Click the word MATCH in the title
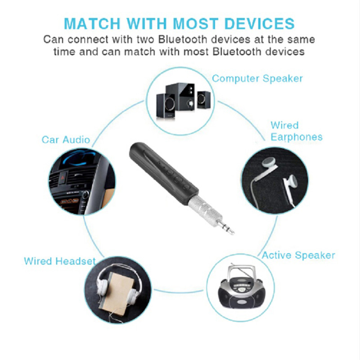tap(92, 24)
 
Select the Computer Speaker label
tap(257, 79)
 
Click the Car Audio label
tap(66, 140)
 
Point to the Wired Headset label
tap(60, 261)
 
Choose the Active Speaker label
tap(299, 255)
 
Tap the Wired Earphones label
tap(296, 131)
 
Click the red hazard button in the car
tap(63, 177)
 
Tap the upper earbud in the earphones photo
tap(269, 163)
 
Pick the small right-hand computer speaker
tap(203, 100)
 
